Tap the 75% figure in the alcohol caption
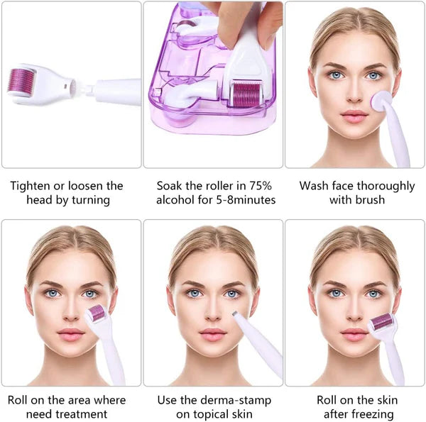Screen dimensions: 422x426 (260, 186)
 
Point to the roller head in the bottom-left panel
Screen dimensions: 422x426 (96, 313)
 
